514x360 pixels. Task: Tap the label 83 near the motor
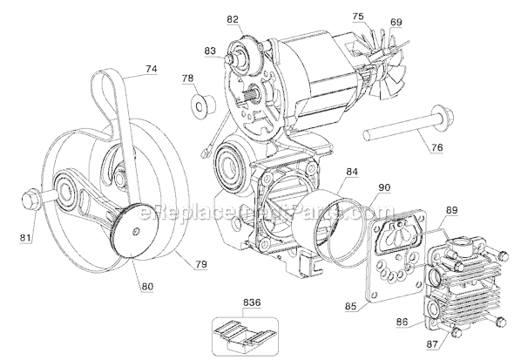click(x=208, y=51)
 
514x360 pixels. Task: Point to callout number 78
click(x=186, y=80)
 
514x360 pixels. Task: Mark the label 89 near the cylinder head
click(x=451, y=210)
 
